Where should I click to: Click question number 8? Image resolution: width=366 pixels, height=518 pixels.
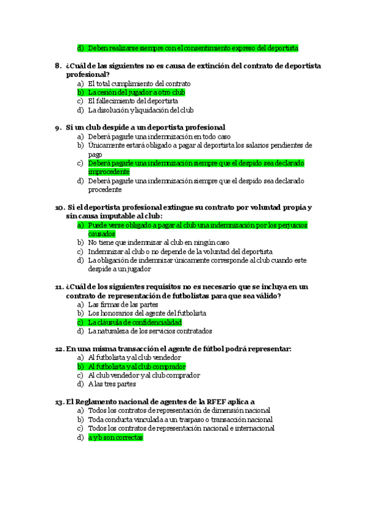[57, 65]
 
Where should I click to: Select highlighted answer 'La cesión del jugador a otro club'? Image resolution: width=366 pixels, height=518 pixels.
[136, 92]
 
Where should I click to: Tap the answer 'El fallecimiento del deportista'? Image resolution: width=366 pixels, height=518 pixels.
[133, 101]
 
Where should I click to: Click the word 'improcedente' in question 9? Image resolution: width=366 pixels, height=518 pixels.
[109, 172]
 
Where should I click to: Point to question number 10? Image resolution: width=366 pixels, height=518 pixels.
[60, 207]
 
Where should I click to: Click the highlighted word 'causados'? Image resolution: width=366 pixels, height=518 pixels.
[101, 234]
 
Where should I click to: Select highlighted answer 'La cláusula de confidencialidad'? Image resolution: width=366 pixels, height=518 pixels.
[135, 322]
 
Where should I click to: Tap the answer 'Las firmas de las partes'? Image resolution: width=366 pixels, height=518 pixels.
[123, 304]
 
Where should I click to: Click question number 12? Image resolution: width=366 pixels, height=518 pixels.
[59, 349]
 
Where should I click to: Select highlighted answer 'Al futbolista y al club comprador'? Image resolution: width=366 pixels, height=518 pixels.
[137, 367]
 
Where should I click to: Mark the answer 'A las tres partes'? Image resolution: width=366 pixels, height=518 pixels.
[112, 384]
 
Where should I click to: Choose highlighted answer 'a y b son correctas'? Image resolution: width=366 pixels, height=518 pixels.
[115, 437]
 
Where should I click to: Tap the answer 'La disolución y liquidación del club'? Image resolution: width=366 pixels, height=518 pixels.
[141, 111]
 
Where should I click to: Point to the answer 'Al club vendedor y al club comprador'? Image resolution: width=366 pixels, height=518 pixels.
[144, 376]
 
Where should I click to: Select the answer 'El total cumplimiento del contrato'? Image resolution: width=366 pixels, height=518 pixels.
[139, 84]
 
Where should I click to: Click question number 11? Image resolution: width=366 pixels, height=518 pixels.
[59, 286]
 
